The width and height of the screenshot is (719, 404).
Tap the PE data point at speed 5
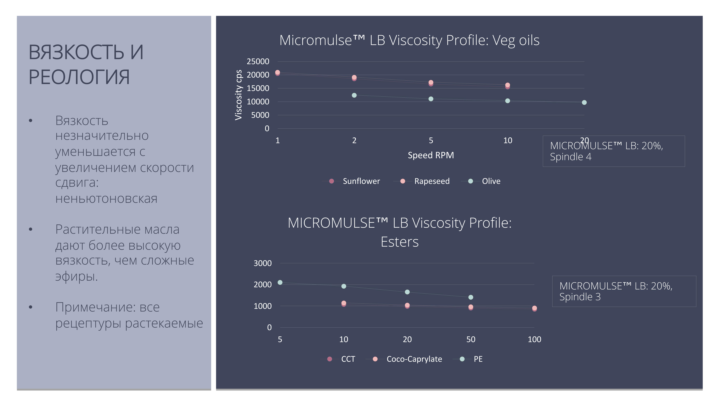tap(280, 282)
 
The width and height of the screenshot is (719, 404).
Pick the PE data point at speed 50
tap(471, 297)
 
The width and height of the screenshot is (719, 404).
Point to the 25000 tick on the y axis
tap(258, 61)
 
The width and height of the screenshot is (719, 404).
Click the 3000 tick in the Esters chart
tap(262, 263)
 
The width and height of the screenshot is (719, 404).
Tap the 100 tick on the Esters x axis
tap(534, 339)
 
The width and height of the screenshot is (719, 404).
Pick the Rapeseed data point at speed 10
tap(507, 85)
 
